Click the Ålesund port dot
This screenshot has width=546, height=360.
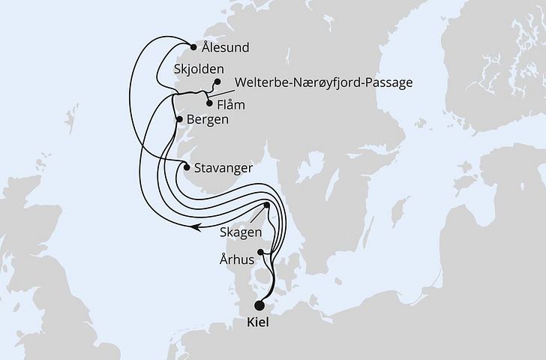(x=194, y=47)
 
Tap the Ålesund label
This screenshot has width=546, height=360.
(x=226, y=47)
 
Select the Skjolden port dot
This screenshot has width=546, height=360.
(x=217, y=82)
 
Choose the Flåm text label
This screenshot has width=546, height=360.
(x=231, y=105)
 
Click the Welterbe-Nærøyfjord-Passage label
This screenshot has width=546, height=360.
(x=324, y=82)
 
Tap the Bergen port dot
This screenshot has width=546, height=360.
(x=178, y=119)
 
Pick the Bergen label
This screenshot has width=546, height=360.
(x=208, y=119)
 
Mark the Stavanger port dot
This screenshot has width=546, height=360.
(x=186, y=167)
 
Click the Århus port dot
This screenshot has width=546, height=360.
(x=261, y=252)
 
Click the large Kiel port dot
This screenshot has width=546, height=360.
(x=260, y=305)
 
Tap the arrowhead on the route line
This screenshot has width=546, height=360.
(x=194, y=225)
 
